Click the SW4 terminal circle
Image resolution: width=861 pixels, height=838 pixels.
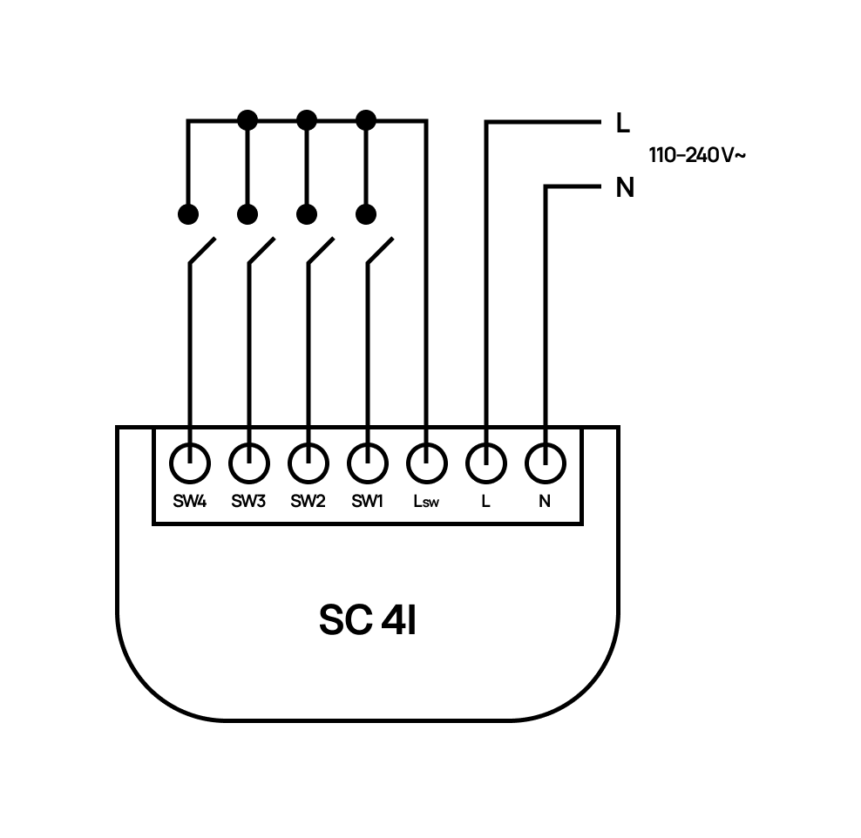189,463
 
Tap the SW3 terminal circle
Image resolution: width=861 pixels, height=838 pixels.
249,463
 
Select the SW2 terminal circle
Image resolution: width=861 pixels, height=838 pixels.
308,463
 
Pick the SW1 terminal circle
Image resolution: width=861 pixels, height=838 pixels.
367,463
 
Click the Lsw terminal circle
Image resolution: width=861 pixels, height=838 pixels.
426,463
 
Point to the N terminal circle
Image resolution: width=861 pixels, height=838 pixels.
545,463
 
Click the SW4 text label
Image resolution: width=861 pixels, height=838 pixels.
189,502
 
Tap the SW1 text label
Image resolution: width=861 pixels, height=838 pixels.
367,502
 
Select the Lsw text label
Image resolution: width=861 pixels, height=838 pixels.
426,502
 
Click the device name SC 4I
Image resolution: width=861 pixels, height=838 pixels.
367,619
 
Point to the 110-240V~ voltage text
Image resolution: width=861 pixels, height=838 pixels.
696,156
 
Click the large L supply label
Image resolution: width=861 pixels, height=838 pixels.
622,124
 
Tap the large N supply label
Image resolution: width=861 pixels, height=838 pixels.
624,188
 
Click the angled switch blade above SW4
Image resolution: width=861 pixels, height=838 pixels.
202,249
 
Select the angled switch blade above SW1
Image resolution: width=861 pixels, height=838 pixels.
380,249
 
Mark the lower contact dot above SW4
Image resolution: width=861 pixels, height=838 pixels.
188,213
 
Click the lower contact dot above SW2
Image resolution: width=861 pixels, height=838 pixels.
306,213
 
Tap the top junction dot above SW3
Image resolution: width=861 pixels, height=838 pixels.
248,119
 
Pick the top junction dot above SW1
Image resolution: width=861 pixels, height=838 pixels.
366,119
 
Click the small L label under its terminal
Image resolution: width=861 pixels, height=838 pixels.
485,502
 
